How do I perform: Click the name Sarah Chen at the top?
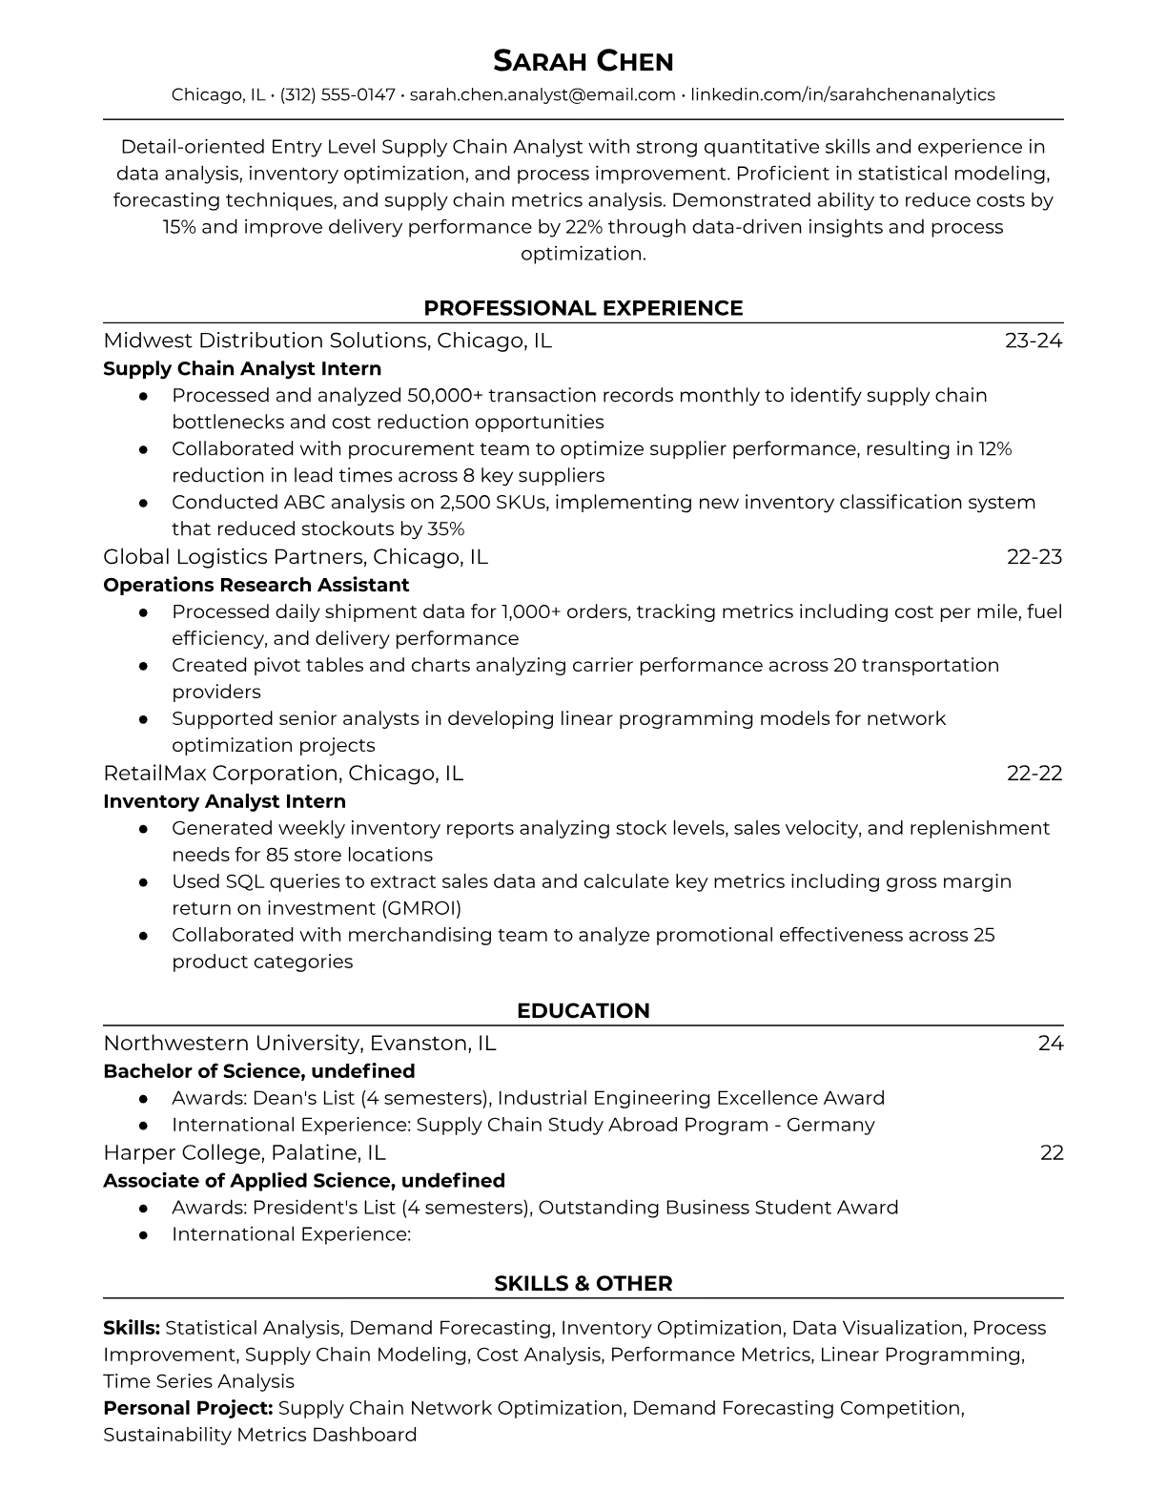(583, 62)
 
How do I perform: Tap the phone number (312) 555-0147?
(338, 94)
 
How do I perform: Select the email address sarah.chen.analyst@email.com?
(543, 94)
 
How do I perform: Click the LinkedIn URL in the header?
(842, 94)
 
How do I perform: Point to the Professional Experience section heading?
(583, 308)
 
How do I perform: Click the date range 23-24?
(1034, 341)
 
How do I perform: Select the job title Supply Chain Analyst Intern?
(242, 368)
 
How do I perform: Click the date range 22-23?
(1034, 557)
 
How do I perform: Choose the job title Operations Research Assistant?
(256, 585)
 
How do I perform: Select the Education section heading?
(583, 1011)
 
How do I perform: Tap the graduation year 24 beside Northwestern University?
(1051, 1044)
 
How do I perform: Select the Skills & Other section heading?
(583, 1284)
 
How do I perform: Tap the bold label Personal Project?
(188, 1408)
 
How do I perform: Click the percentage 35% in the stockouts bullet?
(445, 528)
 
